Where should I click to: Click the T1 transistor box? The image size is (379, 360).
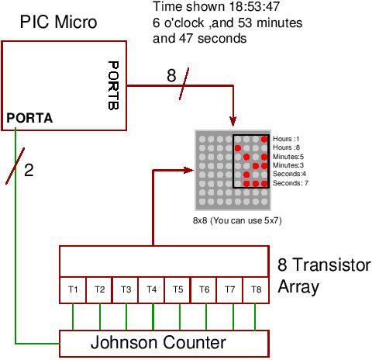point(74,289)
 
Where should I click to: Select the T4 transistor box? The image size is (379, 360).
point(152,289)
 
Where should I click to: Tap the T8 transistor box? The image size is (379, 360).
point(256,289)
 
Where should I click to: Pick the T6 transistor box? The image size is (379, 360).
point(204,289)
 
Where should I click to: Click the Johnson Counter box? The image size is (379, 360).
point(164,342)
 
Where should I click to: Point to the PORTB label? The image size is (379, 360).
point(113,85)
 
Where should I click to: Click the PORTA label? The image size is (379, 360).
point(29,118)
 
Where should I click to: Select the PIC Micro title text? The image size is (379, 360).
point(59,22)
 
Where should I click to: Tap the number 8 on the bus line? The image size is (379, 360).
point(171,76)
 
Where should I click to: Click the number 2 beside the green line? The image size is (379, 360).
point(29,170)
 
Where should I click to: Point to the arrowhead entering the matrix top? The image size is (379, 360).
point(233,121)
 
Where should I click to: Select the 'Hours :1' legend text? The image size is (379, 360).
point(288,138)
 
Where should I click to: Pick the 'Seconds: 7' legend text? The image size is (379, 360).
point(290,183)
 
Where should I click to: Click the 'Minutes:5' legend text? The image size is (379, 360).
point(288,156)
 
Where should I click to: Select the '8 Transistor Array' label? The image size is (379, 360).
point(323,276)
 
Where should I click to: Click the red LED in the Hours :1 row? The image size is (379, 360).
point(264,139)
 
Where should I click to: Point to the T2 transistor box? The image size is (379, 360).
point(100,289)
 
